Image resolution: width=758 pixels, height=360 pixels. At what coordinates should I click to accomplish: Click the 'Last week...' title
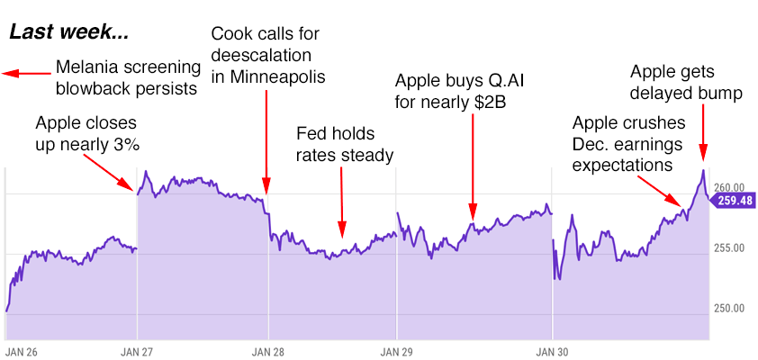[69, 34]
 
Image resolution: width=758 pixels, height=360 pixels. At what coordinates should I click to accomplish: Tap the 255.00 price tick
[728, 248]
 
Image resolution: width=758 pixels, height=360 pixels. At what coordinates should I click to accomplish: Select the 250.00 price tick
[728, 309]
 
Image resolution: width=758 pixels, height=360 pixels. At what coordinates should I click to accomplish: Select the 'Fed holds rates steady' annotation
[345, 144]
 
